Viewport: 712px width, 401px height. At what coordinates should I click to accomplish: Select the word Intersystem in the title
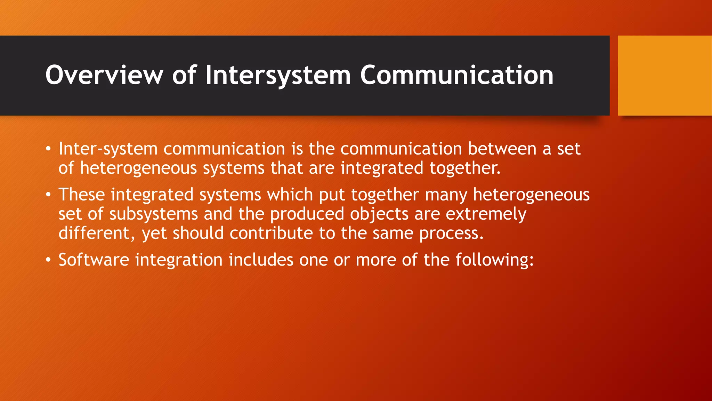pos(278,76)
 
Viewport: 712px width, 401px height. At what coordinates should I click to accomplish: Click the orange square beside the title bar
pos(665,76)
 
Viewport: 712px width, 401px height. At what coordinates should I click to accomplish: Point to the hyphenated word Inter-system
pos(108,149)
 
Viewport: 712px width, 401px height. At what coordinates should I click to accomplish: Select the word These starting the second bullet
pos(82,194)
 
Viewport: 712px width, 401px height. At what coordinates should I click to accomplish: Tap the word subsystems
pos(153,214)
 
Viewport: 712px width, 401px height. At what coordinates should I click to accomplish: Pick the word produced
pos(307,214)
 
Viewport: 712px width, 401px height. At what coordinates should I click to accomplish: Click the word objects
pos(379,214)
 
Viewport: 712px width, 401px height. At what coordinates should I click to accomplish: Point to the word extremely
pos(486,214)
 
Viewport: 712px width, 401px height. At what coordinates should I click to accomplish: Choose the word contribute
pos(271,233)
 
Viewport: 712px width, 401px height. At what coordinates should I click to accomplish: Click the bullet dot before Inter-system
pos(49,149)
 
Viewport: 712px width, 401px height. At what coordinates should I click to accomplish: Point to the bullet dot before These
pos(49,195)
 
